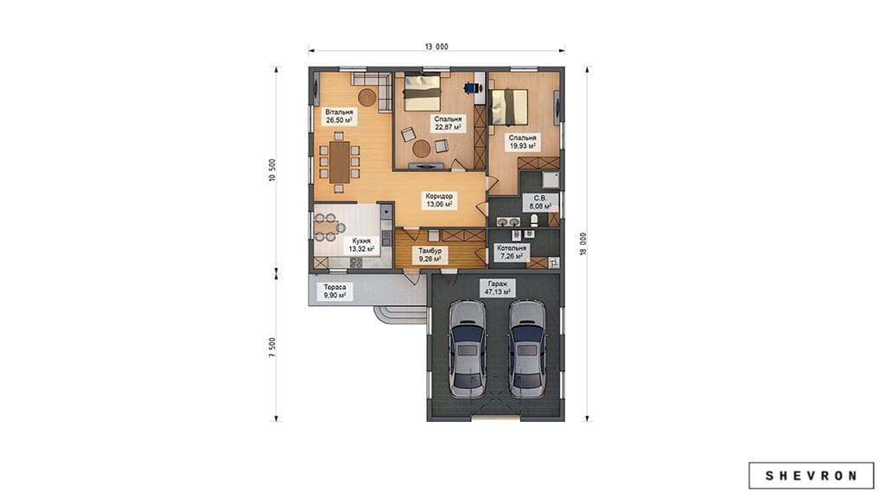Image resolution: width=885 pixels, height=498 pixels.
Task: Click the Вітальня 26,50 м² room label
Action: click(x=339, y=117)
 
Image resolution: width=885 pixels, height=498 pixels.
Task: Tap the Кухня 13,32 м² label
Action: click(x=361, y=245)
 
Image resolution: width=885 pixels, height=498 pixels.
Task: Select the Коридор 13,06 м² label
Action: click(x=439, y=201)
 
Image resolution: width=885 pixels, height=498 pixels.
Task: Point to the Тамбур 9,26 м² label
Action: click(x=430, y=255)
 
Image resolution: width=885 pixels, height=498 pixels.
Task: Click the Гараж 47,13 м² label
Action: click(x=497, y=288)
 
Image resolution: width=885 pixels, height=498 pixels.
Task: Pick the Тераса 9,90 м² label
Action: click(x=334, y=291)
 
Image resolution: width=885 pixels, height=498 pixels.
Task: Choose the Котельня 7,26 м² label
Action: click(x=512, y=252)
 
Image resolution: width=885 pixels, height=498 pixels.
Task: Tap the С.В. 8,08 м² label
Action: click(x=540, y=202)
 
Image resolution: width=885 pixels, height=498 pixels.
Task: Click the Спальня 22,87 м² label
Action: click(x=449, y=123)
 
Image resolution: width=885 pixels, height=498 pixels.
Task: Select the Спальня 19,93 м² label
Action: click(x=523, y=141)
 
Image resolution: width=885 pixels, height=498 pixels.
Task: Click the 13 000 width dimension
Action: click(x=436, y=47)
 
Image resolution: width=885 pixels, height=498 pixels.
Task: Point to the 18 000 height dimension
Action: click(x=583, y=244)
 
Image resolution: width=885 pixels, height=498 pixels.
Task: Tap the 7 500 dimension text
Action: click(x=272, y=348)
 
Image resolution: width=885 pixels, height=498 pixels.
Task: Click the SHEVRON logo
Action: click(x=811, y=476)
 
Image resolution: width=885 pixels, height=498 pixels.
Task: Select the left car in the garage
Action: click(x=468, y=348)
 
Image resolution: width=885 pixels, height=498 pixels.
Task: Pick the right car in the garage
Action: click(x=526, y=348)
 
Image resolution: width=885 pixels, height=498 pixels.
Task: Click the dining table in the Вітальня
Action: click(x=340, y=162)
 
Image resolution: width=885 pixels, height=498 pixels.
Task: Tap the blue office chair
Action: click(x=472, y=87)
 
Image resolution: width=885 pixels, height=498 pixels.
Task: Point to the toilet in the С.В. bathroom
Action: click(x=534, y=220)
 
